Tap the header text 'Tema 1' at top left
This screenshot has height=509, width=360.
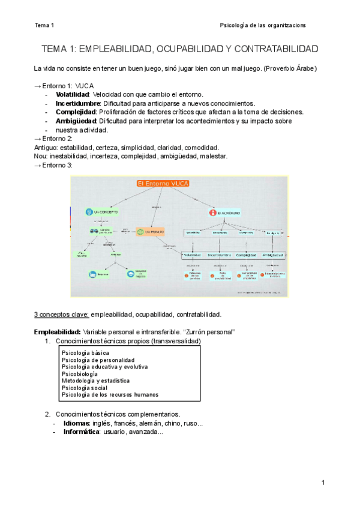click(x=44, y=25)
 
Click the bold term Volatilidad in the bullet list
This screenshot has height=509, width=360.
click(x=72, y=94)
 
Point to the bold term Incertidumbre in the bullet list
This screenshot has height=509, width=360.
click(x=77, y=103)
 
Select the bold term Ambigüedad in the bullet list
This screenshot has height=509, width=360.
click(x=76, y=121)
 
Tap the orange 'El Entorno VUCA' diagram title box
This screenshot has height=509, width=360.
click(x=163, y=184)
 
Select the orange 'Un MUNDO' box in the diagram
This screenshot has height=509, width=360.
click(x=151, y=232)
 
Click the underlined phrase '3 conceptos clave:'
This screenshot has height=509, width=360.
click(x=61, y=314)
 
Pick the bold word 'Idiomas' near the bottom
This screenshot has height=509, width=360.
click(x=77, y=423)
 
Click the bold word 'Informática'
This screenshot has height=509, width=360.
click(x=82, y=432)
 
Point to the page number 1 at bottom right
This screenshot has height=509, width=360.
click(x=323, y=483)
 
